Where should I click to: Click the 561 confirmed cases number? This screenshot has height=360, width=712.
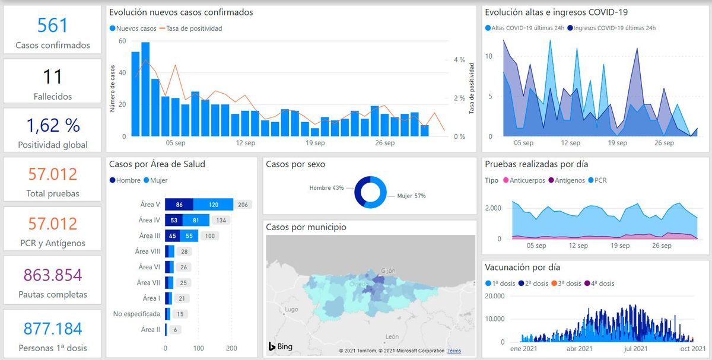(x=52, y=25)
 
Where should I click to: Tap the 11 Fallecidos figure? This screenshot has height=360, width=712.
(x=52, y=77)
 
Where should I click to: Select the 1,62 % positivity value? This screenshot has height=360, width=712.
(x=52, y=125)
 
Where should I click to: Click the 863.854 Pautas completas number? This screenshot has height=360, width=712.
(x=52, y=275)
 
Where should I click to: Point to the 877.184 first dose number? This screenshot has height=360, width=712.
(x=52, y=329)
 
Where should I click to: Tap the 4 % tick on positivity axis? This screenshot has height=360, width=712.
(x=459, y=60)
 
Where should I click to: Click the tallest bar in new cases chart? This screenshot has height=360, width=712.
(x=145, y=89)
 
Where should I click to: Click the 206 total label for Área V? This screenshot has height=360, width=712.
(x=242, y=205)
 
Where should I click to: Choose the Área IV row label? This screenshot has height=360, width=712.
(x=150, y=220)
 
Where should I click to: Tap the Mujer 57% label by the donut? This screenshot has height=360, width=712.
(x=411, y=196)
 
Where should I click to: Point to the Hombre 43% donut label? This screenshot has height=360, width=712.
(x=326, y=188)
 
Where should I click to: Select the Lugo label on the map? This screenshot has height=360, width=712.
(x=291, y=309)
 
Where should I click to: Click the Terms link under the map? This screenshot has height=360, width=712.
(x=454, y=351)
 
